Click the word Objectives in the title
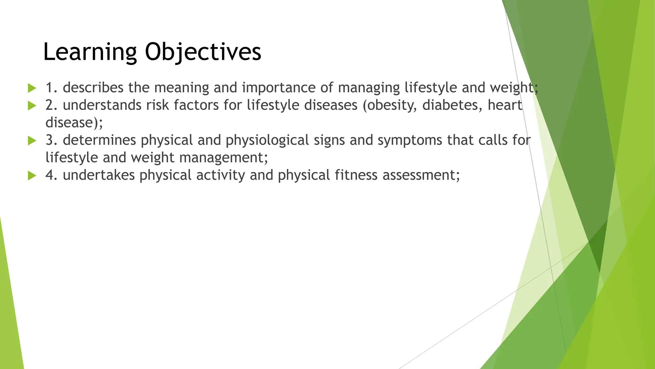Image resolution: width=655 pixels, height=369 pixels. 203,52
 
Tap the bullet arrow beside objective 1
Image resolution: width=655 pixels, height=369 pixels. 32,88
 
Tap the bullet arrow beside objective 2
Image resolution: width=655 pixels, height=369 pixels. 32,105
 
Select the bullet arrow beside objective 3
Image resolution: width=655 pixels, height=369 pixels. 32,140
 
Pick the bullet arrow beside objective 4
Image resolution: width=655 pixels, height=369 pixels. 32,175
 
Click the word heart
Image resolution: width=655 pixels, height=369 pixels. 505,105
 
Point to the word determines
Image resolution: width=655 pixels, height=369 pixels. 99,140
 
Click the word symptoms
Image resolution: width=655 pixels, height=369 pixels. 410,140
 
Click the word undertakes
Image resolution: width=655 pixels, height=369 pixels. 99,175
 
